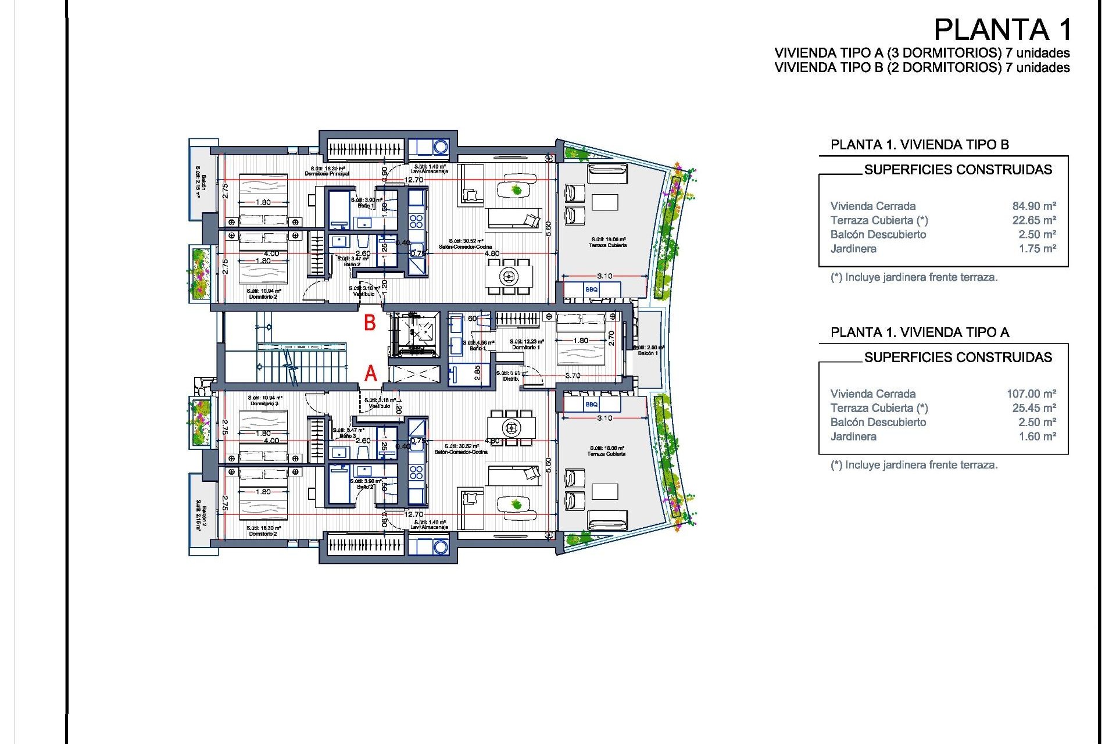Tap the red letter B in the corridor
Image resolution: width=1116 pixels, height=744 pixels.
tap(370, 323)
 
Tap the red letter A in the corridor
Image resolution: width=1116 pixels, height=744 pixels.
tap(371, 373)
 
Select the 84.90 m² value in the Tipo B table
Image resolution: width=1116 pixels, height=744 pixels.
tap(1033, 206)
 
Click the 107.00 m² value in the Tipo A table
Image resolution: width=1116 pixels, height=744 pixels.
tap(1031, 394)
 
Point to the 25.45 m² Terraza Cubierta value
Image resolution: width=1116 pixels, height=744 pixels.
tap(1033, 408)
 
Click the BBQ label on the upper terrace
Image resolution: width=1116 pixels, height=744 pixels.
tap(591, 289)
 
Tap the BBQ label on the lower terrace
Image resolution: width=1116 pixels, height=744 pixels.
tap(591, 404)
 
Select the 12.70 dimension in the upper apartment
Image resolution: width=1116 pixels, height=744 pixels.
tap(414, 180)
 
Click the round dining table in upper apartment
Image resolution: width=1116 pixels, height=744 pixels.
tap(509, 276)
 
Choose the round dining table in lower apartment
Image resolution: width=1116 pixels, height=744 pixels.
tap(512, 428)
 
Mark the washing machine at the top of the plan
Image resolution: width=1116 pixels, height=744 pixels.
tap(441, 147)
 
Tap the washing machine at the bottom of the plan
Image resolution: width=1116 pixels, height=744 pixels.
tap(441, 546)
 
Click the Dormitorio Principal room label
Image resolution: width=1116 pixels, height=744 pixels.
tap(327, 174)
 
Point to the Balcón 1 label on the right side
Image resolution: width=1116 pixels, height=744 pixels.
tap(648, 353)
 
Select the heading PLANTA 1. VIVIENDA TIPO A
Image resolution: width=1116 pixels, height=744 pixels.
tap(920, 332)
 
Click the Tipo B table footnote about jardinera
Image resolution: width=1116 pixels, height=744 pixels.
tap(914, 277)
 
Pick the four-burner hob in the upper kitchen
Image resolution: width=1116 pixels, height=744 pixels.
tap(416, 221)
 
